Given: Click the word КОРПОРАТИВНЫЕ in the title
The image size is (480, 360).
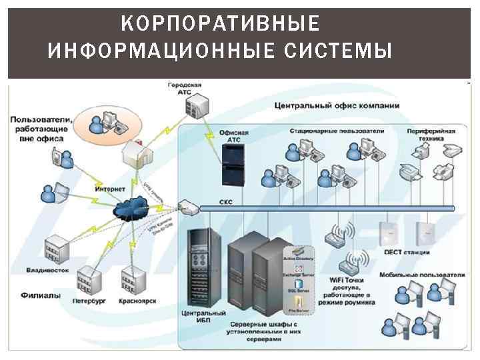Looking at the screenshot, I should click(x=221, y=25).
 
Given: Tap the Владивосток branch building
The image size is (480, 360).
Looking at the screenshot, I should click(x=57, y=251).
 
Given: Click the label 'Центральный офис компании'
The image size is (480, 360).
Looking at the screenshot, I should click(x=337, y=105).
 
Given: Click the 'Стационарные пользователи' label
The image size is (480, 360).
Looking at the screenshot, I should click(x=337, y=131).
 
